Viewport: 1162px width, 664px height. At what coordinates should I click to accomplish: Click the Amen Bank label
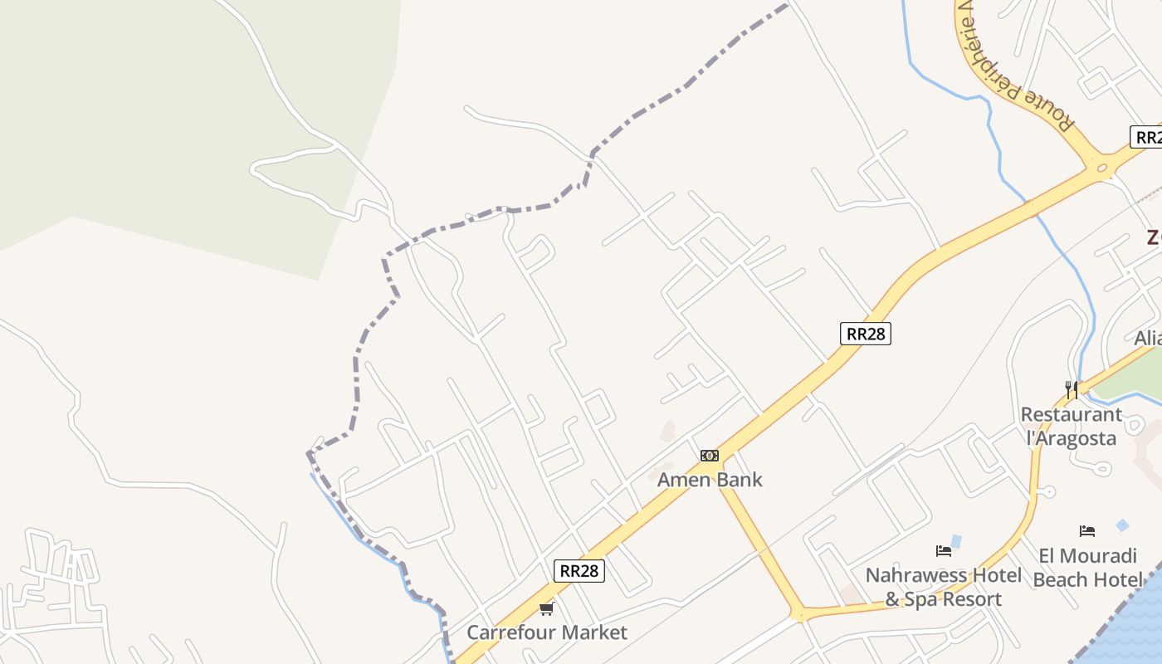tap(710, 480)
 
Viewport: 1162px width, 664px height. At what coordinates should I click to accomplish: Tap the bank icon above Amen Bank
tap(710, 456)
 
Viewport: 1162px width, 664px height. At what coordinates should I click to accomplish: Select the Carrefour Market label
tap(547, 632)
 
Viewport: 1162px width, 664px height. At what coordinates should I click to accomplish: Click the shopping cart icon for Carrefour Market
tap(546, 609)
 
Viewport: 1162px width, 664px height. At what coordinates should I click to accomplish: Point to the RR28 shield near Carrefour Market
tap(579, 570)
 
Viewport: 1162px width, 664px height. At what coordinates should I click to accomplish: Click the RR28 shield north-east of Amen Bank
tap(866, 334)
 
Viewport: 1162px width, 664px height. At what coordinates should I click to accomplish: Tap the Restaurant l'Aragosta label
tap(1071, 426)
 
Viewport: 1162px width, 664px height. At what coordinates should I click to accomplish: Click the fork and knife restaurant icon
tap(1072, 389)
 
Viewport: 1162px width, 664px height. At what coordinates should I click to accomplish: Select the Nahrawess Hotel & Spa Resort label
tap(944, 587)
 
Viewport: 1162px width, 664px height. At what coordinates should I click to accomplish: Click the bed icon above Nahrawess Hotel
tap(944, 550)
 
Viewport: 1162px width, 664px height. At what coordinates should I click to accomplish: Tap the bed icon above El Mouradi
tap(1087, 531)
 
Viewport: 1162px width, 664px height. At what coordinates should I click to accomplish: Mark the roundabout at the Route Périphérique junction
tap(1102, 168)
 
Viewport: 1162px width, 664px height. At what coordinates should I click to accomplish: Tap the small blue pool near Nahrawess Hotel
tap(956, 542)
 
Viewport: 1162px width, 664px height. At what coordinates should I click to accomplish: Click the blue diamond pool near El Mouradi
tap(1122, 525)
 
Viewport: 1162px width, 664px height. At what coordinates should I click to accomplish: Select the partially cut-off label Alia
tap(1148, 339)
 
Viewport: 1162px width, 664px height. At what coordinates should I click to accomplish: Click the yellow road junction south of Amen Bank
tap(799, 615)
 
